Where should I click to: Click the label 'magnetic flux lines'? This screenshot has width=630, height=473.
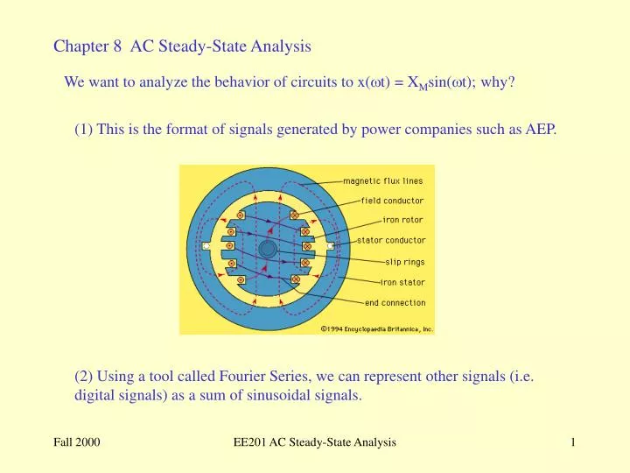tap(382, 181)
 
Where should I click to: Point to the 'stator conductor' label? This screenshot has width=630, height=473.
tap(392, 240)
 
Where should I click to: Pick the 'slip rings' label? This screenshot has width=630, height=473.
tap(405, 261)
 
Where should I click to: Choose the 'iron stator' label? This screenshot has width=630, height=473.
tap(402, 282)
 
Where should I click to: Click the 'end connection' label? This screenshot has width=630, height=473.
tap(395, 303)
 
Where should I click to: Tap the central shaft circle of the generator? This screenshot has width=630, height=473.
tap(268, 249)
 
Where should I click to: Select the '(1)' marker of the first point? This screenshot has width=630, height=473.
tap(84, 131)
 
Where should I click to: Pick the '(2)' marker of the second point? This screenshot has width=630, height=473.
tap(84, 378)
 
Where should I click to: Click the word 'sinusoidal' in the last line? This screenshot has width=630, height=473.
tap(271, 396)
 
